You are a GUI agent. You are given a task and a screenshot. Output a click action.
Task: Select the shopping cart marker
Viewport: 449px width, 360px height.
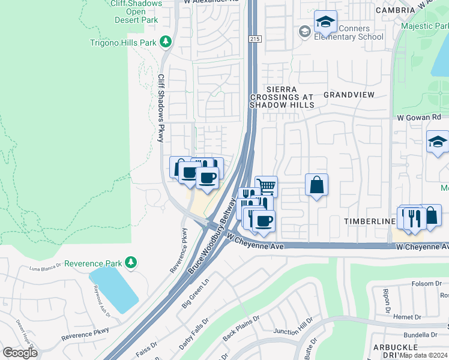pyautogui.click(x=266, y=185)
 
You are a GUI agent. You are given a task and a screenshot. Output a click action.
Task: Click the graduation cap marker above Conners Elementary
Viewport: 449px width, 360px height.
pyautogui.click(x=325, y=22)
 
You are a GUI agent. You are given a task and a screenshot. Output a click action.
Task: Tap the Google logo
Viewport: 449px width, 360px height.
pyautogui.click(x=20, y=353)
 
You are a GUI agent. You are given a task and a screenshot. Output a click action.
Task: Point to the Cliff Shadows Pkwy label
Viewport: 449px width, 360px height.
pyautogui.click(x=161, y=108)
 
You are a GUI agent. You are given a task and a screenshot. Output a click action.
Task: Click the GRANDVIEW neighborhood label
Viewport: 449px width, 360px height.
pyautogui.click(x=349, y=95)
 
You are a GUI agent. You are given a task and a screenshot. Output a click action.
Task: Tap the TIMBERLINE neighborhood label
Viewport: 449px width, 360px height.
pyautogui.click(x=368, y=221)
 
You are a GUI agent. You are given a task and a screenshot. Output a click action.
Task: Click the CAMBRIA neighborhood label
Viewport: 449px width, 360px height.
pyautogui.click(x=395, y=10)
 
